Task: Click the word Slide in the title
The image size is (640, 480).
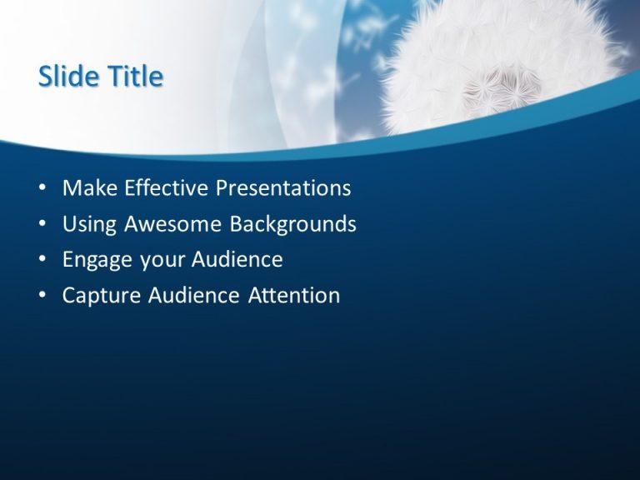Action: click(x=65, y=77)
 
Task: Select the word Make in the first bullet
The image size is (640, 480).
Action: click(x=89, y=188)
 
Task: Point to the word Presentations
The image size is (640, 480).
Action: click(x=283, y=188)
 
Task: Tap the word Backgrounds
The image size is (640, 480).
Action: click(x=293, y=225)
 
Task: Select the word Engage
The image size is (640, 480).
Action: click(x=97, y=261)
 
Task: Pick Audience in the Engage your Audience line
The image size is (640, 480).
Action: click(x=237, y=260)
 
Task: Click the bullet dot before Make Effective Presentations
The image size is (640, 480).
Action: click(x=42, y=189)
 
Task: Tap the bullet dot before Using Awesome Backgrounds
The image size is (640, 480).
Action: click(x=42, y=225)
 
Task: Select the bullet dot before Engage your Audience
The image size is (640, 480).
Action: click(x=42, y=261)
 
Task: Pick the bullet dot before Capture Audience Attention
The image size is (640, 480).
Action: click(x=42, y=297)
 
